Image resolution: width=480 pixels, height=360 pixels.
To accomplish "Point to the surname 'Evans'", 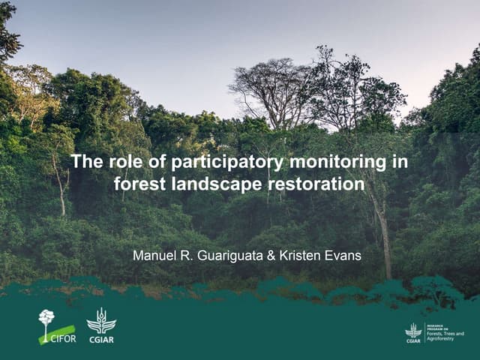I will click(345, 256).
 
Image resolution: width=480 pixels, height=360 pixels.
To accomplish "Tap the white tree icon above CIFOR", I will click(46, 318).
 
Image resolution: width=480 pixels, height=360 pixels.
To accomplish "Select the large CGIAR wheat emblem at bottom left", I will click(100, 320).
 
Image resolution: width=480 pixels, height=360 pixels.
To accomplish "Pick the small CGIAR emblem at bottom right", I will click(412, 330).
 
